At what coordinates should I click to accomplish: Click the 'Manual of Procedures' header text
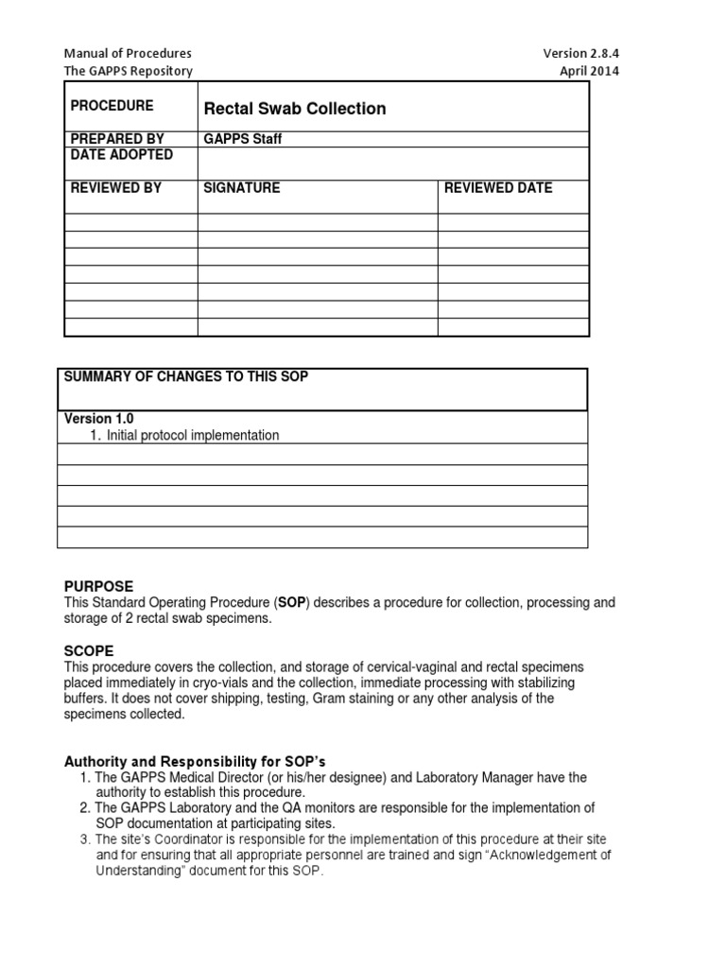[x=128, y=53]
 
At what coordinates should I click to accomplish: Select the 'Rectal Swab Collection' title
[x=295, y=109]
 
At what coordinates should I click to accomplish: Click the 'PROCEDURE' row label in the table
[x=112, y=106]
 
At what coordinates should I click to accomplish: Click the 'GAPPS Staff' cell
[x=243, y=139]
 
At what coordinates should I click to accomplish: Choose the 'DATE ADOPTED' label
[x=121, y=154]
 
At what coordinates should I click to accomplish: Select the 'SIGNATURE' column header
[x=242, y=188]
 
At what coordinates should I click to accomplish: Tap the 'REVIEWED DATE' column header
[x=498, y=188]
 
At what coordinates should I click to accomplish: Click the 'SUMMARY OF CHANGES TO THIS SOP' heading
[x=185, y=377]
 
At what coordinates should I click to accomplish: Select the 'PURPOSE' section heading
[x=98, y=586]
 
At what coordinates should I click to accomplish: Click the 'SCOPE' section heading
[x=89, y=651]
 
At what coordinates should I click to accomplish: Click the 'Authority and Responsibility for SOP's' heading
[x=195, y=761]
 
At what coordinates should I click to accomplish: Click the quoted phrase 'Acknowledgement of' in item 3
[x=551, y=855]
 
